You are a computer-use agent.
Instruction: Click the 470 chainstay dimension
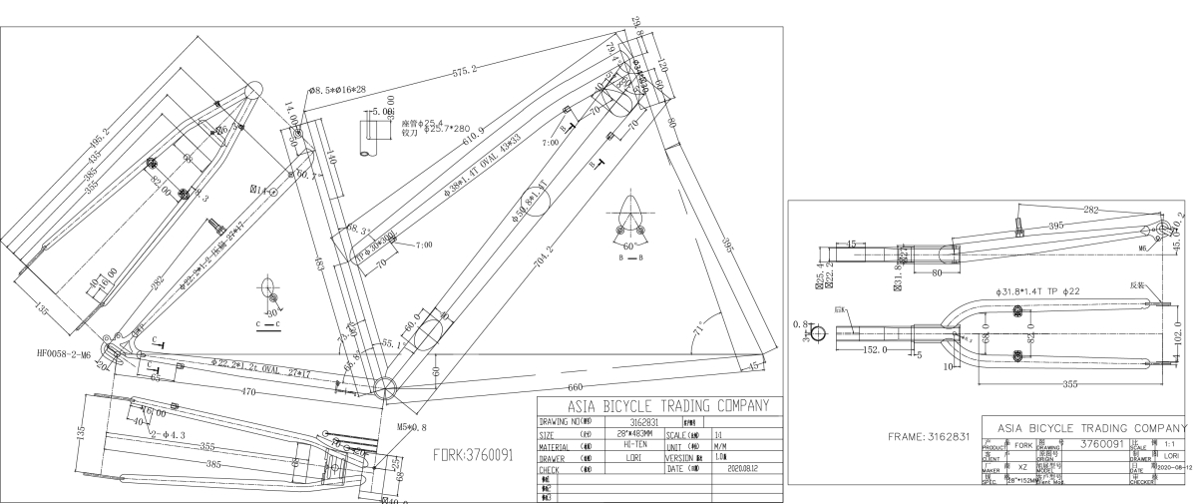[x=247, y=392]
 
